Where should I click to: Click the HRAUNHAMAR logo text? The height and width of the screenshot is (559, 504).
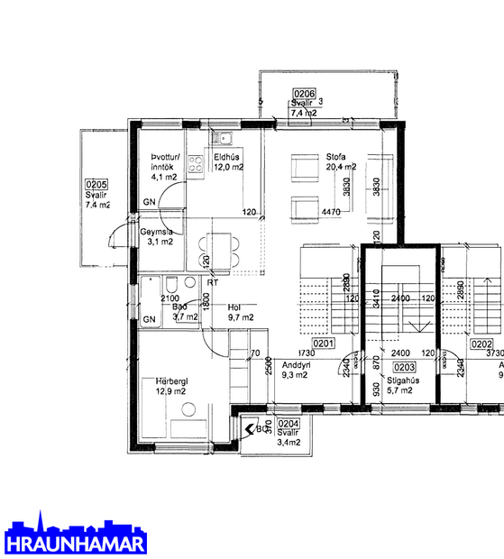(76, 544)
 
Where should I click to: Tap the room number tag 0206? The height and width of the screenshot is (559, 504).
(304, 94)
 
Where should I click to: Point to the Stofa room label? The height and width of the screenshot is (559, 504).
(336, 155)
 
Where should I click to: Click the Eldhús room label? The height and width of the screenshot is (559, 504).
(225, 155)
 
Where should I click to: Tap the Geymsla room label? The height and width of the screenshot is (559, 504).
(156, 231)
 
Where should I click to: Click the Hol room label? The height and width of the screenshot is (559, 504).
(234, 307)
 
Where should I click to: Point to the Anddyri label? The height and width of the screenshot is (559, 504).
(296, 365)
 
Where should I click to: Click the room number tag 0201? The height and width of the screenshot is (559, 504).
(324, 344)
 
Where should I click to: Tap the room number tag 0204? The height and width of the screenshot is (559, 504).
(289, 422)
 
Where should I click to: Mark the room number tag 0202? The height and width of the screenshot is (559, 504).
(481, 344)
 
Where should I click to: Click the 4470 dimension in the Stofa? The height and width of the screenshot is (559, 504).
(333, 213)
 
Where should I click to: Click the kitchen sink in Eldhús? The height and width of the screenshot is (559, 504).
(221, 139)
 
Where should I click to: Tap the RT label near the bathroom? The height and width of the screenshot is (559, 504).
(212, 282)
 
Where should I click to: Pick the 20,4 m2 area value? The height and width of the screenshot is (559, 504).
(341, 167)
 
